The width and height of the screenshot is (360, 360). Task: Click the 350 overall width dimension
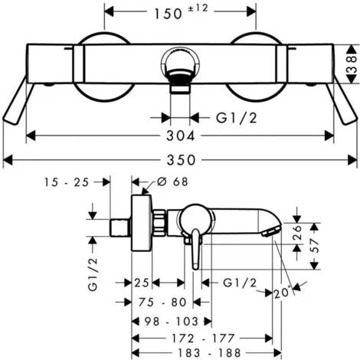[181, 160]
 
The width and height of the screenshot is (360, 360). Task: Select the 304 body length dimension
[181, 136]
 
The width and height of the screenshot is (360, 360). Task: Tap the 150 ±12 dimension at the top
[181, 12]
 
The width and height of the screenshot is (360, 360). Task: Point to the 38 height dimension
[352, 64]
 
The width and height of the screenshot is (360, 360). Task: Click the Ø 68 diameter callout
[172, 182]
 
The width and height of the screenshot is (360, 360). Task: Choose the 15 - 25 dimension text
[67, 182]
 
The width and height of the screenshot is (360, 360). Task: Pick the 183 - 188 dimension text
[209, 353]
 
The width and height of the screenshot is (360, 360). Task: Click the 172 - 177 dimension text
[203, 339]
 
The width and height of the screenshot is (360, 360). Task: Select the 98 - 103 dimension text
[172, 322]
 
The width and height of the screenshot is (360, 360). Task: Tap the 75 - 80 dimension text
[162, 303]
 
